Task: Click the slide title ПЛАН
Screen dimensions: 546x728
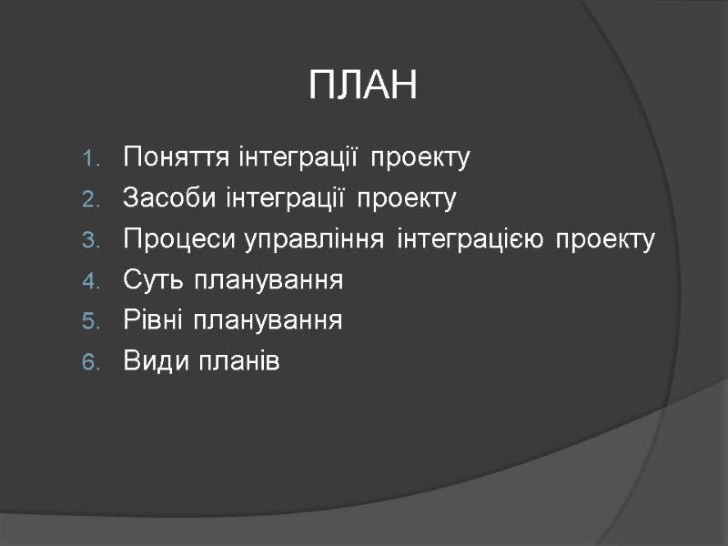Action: pyautogui.click(x=362, y=86)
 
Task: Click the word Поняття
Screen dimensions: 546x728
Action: pyautogui.click(x=164, y=158)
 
